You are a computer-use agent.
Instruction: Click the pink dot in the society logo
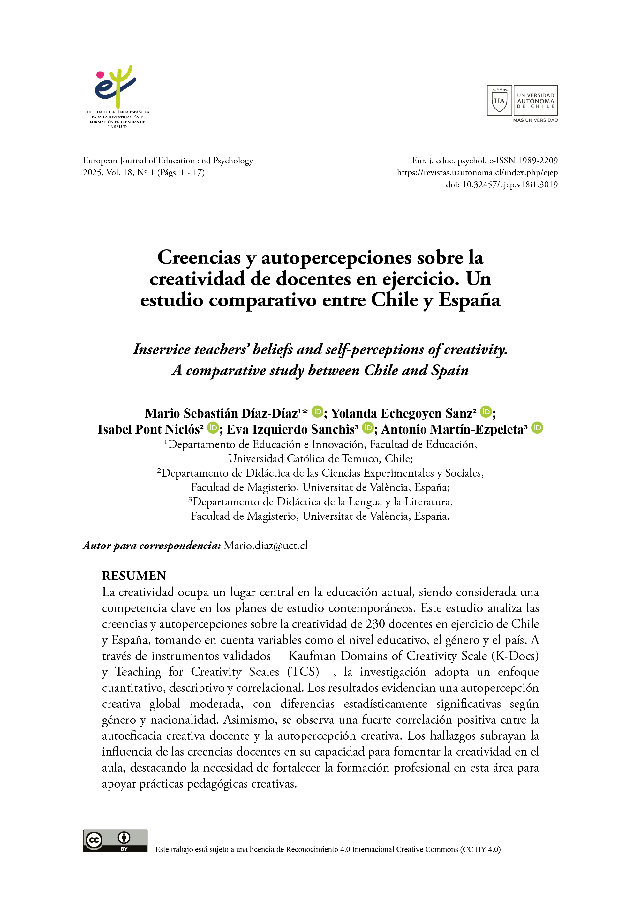100,75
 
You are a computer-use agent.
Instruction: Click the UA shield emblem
499,100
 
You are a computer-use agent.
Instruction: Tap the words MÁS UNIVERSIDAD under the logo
535,120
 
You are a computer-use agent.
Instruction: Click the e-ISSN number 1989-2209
538,161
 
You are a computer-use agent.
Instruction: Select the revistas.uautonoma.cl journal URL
477,172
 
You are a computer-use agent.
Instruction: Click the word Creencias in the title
199,258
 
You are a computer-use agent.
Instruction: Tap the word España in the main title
469,300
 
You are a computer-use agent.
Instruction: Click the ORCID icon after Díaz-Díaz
317,412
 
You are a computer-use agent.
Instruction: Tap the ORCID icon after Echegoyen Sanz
486,412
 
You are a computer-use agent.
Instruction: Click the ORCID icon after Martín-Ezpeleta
537,428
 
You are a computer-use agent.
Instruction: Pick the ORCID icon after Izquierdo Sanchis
368,428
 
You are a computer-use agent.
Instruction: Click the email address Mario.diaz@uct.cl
265,546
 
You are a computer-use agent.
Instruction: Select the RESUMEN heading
134,576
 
